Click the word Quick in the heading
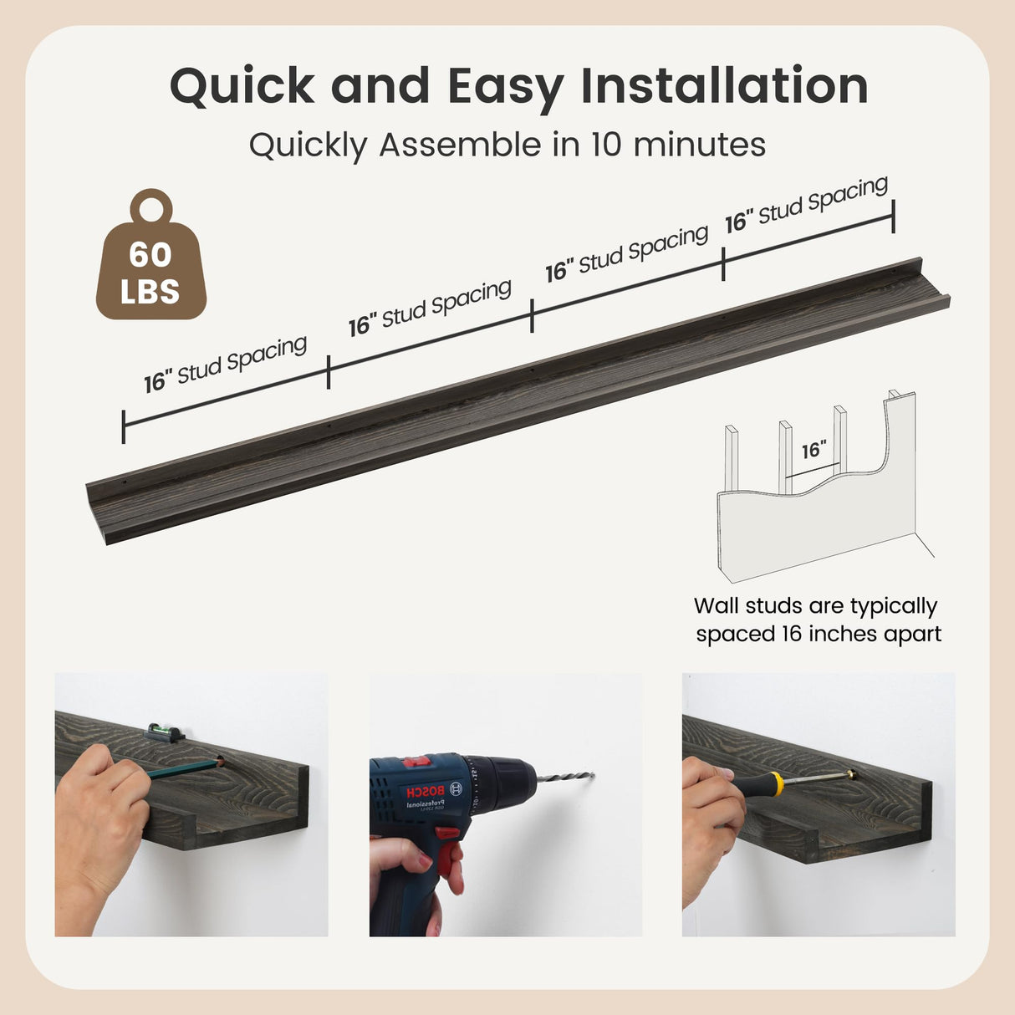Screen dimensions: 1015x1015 click(242, 87)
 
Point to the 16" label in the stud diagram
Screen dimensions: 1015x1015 click(814, 451)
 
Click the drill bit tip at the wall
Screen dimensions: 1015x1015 click(594, 774)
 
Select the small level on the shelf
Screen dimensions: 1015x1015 click(165, 732)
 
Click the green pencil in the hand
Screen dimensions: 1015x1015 click(184, 767)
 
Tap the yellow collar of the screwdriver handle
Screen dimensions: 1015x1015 click(776, 783)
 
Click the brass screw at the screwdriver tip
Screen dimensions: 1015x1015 click(852, 774)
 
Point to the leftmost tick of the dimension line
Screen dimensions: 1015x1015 click(123, 426)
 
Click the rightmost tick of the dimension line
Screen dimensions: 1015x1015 click(893, 217)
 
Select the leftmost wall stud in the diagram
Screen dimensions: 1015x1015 click(732, 457)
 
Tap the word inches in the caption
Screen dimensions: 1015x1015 click(840, 634)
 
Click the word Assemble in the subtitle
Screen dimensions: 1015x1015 click(461, 144)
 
